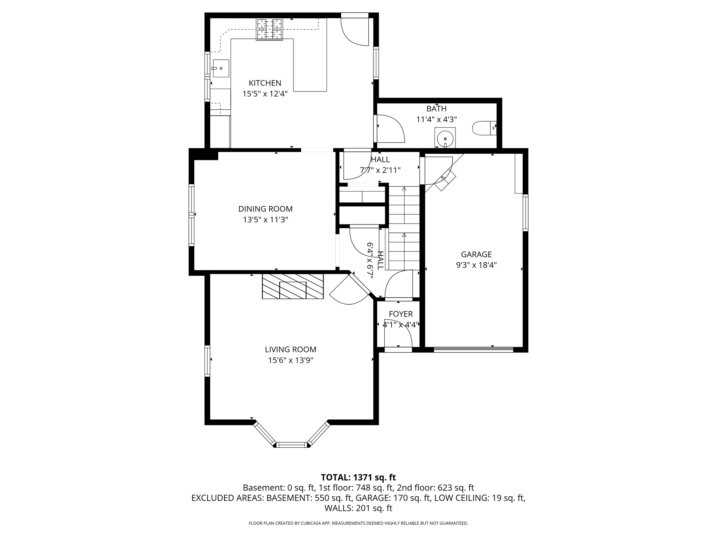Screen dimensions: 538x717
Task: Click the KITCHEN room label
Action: click(x=265, y=83)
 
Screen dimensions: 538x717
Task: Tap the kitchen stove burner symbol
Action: click(x=269, y=29)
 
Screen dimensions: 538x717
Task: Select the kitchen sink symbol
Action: click(x=221, y=68)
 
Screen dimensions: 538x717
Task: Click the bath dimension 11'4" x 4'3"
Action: click(x=436, y=119)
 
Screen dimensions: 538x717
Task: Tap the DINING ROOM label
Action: click(x=265, y=209)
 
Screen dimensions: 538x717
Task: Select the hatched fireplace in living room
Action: click(x=293, y=286)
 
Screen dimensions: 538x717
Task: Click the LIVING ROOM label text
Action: click(x=290, y=349)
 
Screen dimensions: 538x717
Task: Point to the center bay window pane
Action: click(x=292, y=445)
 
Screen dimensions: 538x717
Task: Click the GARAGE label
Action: click(x=476, y=254)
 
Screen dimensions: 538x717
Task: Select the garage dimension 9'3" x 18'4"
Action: click(x=476, y=265)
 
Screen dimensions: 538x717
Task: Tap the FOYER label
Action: click(x=401, y=314)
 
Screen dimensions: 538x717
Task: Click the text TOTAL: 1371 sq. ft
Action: click(x=358, y=477)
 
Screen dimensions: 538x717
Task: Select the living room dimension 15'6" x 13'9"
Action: click(x=290, y=360)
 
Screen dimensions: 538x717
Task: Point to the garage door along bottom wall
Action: click(x=473, y=349)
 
